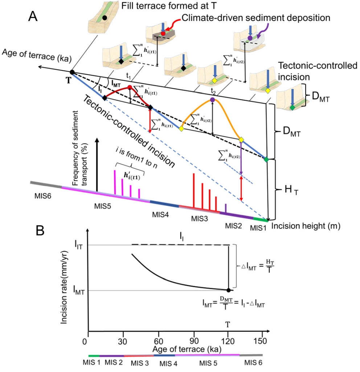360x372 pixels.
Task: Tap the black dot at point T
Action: coord(72,72)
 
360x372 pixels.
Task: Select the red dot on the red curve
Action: coord(130,87)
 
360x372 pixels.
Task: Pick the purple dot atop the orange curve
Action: coord(212,99)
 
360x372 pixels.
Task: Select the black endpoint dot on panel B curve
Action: coord(228,290)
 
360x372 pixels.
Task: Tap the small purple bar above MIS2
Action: coord(226,209)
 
